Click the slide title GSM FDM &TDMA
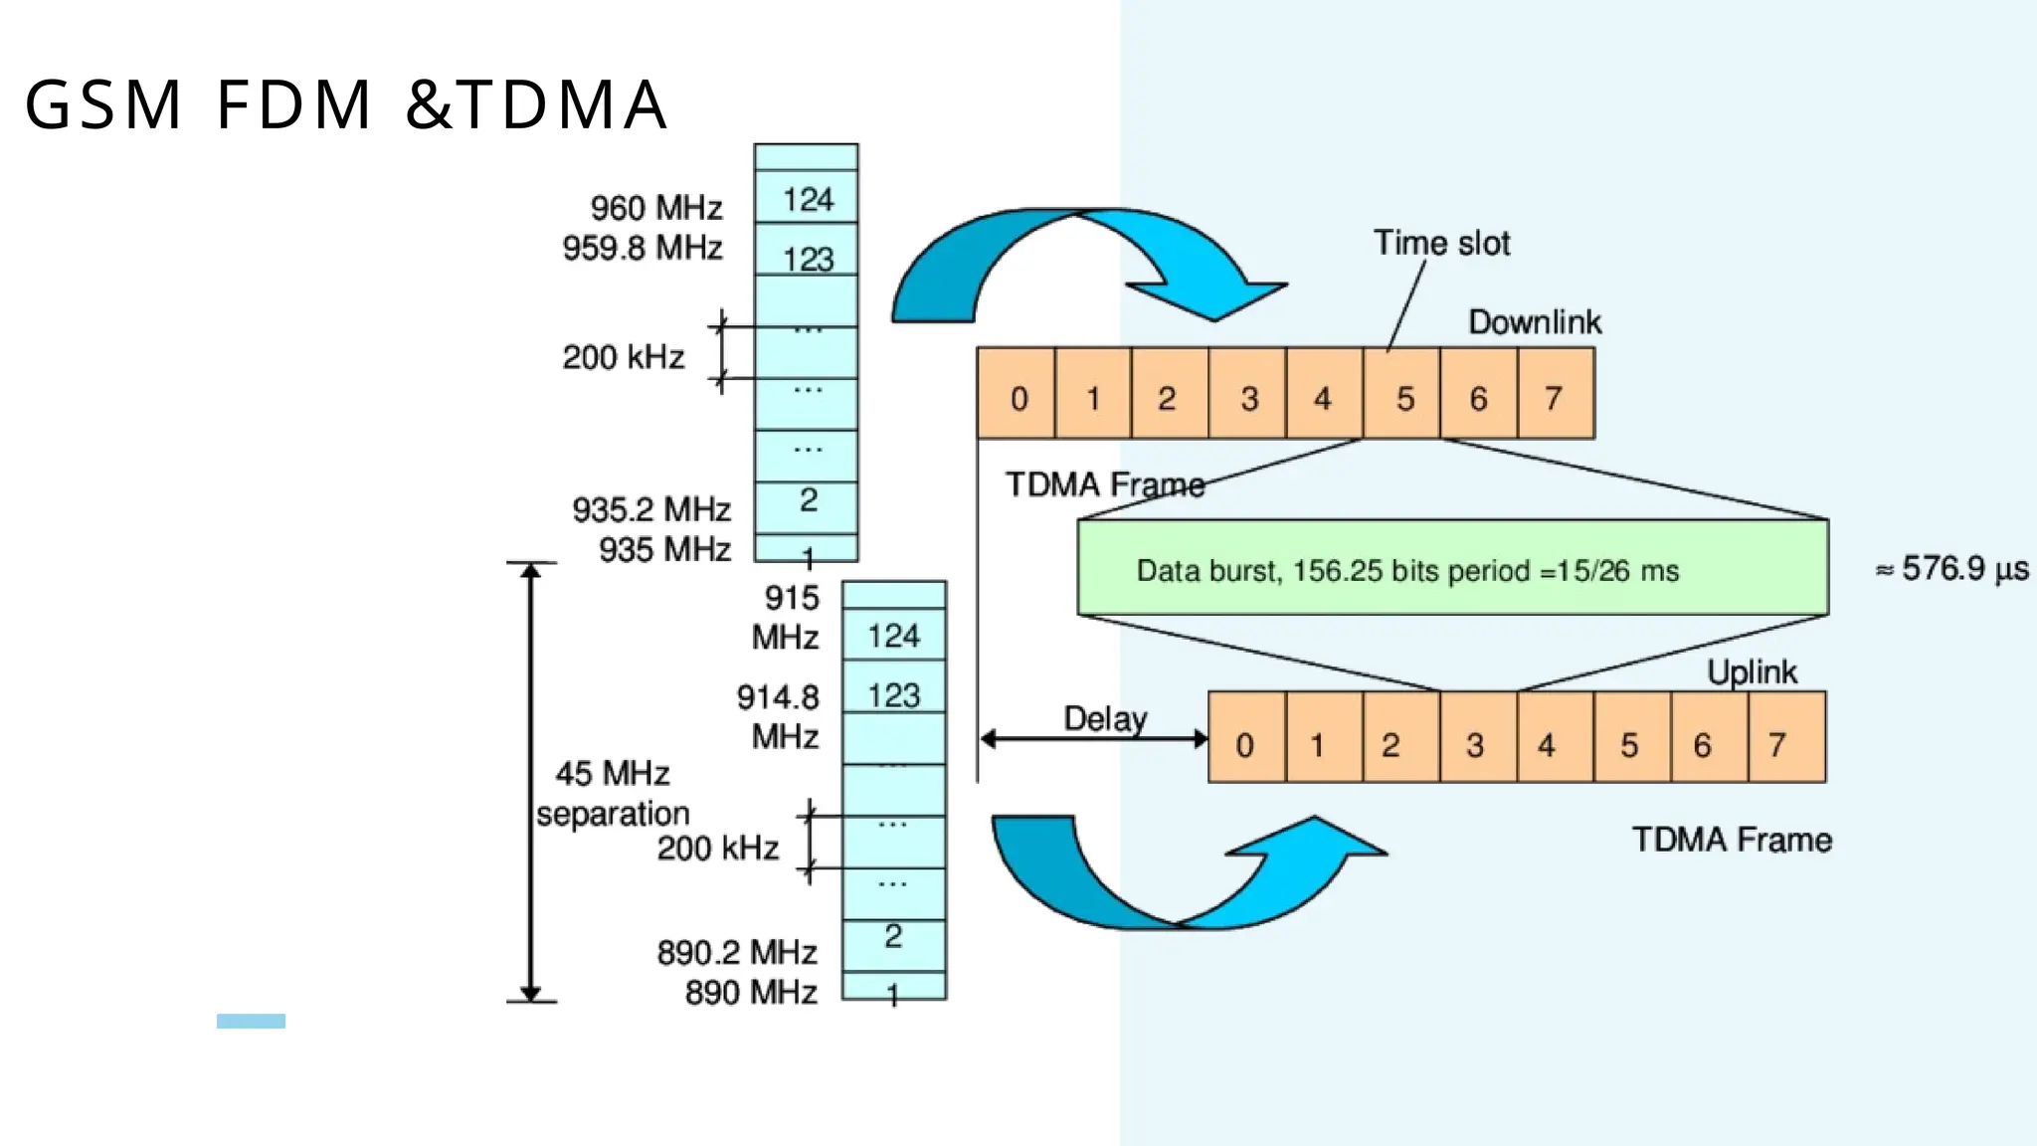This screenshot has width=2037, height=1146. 345,104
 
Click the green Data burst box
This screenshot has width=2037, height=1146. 1452,568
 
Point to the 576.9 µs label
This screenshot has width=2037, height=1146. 1952,569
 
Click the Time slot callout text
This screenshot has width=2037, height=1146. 1441,243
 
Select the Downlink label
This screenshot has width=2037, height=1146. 1535,322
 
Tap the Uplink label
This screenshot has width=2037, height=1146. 1752,672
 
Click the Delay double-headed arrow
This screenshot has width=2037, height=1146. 1094,739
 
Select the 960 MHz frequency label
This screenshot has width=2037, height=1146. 656,208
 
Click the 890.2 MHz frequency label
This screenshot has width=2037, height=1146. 736,953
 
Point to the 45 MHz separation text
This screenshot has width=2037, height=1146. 613,794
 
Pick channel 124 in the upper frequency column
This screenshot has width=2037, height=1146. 807,199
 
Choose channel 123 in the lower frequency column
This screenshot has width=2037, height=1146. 893,695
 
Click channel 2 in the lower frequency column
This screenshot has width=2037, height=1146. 893,937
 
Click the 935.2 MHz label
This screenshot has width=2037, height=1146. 651,509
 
